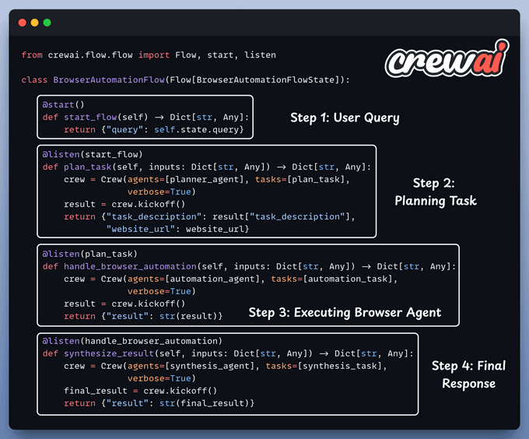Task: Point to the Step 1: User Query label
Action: point(345,118)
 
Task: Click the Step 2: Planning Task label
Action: point(434,191)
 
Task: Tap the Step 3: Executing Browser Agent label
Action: point(345,313)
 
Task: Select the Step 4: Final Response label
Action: point(468,374)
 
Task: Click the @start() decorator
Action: point(62,104)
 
